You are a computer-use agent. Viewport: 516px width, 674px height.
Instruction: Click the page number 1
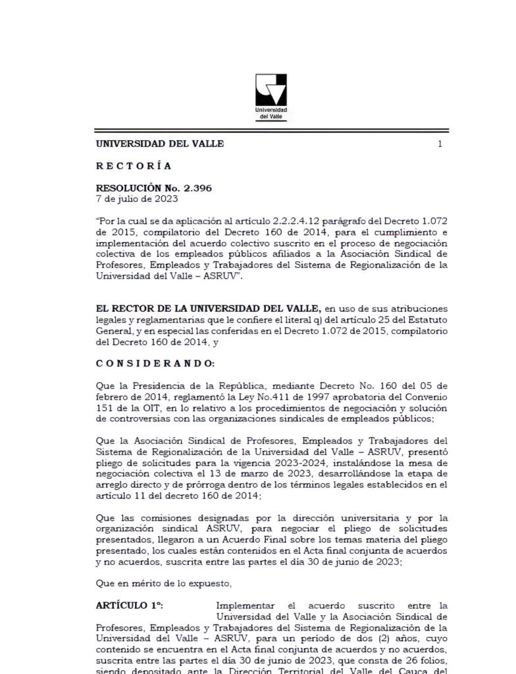440,144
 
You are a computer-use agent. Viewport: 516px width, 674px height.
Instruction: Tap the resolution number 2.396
195,188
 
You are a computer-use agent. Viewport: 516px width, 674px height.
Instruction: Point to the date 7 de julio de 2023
137,198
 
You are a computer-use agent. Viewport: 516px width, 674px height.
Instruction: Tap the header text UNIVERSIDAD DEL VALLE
160,143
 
